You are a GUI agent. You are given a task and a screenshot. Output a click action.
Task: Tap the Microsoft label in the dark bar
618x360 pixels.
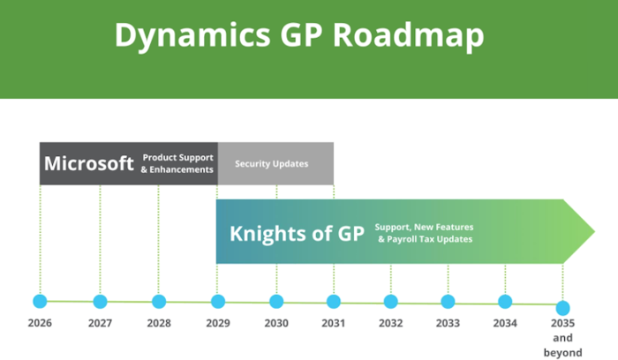89,163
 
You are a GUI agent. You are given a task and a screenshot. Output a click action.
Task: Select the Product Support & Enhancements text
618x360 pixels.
177,163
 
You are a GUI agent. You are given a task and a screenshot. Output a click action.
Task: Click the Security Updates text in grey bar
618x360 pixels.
271,163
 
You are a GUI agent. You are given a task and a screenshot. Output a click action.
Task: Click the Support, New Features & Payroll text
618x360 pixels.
423,232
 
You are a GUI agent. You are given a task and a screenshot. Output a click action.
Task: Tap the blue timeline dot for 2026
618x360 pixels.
40,301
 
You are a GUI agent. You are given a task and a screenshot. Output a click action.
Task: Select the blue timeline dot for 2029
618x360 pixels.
218,301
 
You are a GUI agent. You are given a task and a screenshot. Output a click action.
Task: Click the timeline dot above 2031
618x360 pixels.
333,301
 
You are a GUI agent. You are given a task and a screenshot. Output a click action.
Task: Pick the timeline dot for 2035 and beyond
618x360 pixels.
562,308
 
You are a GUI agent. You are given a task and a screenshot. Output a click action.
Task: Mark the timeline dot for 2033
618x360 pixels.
448,302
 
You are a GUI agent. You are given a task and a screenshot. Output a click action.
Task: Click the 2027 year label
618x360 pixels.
100,323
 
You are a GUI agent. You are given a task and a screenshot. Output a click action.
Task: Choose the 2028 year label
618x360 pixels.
159,323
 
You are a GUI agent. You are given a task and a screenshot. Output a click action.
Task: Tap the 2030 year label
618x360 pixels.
276,323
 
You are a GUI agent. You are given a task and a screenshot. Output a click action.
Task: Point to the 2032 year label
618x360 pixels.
391,323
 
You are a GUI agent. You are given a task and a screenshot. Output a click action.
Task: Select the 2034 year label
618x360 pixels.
505,323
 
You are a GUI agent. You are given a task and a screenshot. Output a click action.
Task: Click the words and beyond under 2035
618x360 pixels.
562,345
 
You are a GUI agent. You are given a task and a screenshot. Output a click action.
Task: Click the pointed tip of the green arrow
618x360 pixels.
596,231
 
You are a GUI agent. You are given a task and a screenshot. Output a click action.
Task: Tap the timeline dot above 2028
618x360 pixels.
159,301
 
